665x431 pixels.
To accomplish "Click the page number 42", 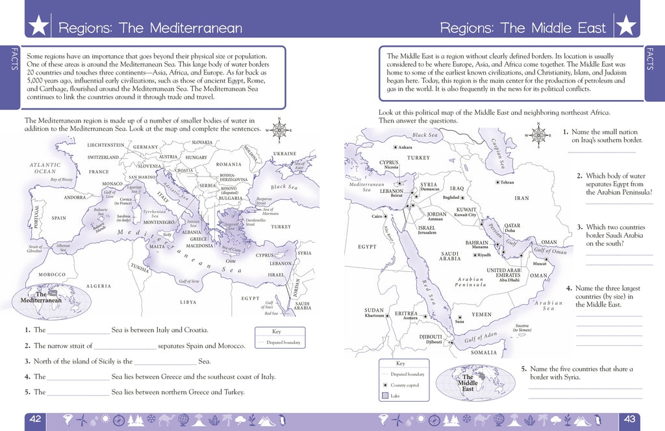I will click(x=35, y=419).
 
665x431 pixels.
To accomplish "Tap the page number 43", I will click(x=629, y=419).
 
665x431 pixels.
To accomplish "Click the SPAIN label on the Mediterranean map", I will click(x=59, y=218).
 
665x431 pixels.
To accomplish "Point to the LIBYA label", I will click(x=188, y=302).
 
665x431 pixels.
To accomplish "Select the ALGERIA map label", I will click(x=99, y=286).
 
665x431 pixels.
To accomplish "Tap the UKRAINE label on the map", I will click(x=284, y=154).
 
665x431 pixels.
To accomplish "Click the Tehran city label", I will click(x=507, y=182).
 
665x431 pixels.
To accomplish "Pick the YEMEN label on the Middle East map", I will click(x=482, y=314).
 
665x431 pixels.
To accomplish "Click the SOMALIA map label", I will click(x=484, y=352).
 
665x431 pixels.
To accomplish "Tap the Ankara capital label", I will click(x=405, y=147).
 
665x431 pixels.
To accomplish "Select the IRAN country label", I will click(x=522, y=199).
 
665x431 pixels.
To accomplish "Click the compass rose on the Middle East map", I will click(x=538, y=136).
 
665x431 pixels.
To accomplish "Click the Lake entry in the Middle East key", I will click(x=398, y=395).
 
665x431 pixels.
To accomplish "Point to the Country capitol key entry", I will click(x=405, y=385).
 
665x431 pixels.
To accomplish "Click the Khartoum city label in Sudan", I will click(x=374, y=316).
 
